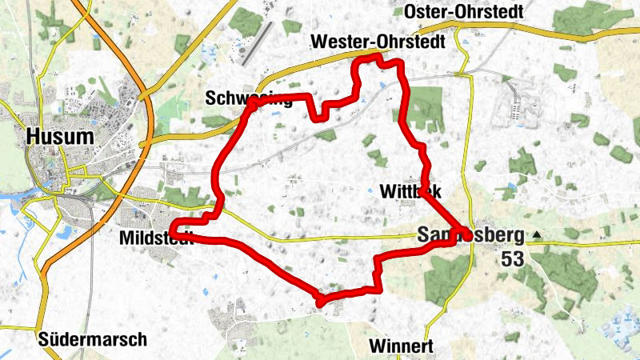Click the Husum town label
coord(59,137)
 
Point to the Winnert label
coord(402,346)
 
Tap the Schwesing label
coord(249,98)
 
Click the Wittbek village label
coord(409,191)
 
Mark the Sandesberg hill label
coord(470,235)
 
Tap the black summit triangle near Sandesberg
coord(538,235)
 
